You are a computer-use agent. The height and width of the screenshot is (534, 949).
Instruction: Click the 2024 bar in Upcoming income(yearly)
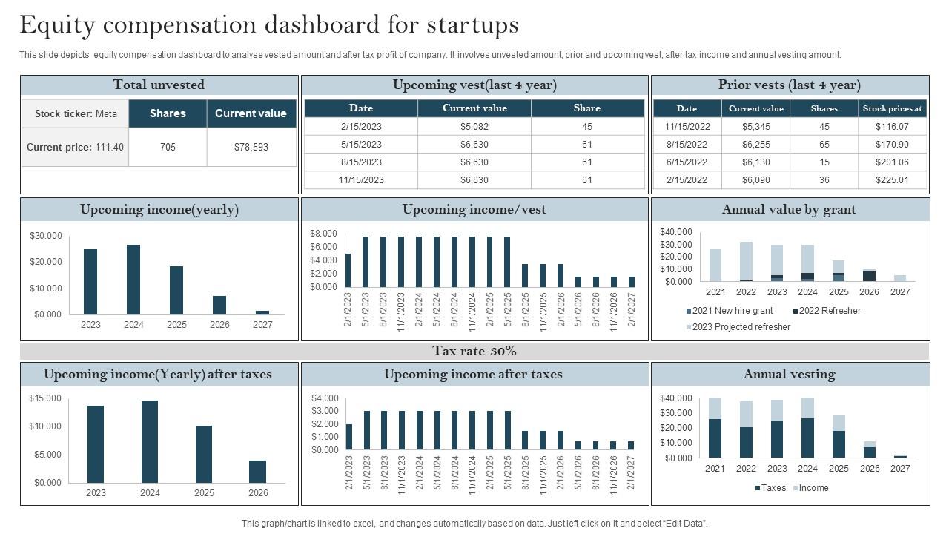[x=133, y=280]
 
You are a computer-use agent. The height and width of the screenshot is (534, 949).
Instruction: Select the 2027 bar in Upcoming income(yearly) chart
[x=262, y=312]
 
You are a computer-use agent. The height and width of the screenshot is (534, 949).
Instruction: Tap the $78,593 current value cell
[x=251, y=147]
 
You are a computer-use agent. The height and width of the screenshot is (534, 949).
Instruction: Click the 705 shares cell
[x=168, y=147]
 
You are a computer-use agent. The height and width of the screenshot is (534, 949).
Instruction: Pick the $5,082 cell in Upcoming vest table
[x=474, y=126]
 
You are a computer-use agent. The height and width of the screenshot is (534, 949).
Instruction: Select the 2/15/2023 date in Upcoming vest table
[x=361, y=126]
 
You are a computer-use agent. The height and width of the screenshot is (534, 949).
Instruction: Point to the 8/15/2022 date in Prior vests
[x=687, y=144]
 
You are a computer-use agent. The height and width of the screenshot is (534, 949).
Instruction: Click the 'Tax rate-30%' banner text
[x=474, y=351]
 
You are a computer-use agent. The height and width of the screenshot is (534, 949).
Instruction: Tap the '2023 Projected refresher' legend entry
[x=741, y=327]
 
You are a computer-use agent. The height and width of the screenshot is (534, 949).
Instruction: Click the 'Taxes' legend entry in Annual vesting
[x=773, y=488]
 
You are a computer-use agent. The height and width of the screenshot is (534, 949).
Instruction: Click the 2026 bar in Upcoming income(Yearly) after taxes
[x=257, y=472]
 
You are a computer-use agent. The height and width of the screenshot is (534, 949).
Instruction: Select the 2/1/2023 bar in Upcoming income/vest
[x=348, y=270]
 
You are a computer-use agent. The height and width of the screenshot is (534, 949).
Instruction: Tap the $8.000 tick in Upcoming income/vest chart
[x=323, y=234]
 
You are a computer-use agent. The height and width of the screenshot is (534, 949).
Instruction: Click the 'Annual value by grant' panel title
[x=789, y=210]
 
